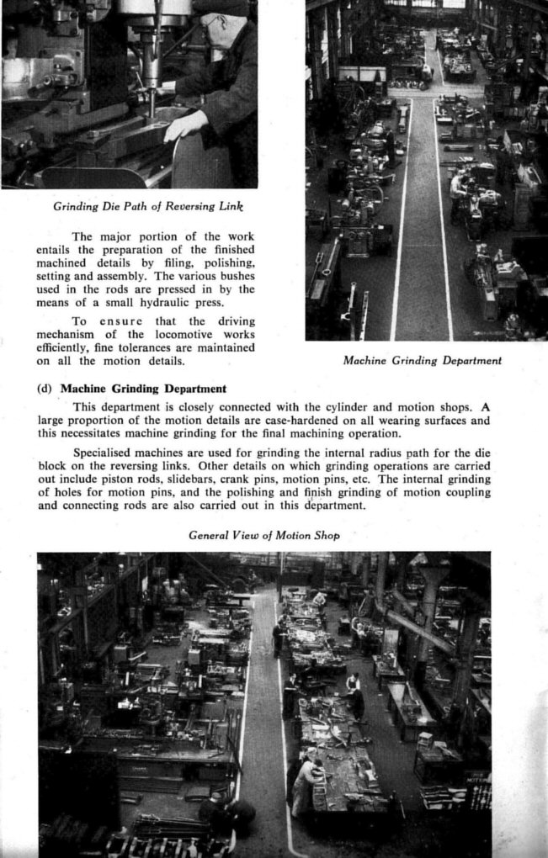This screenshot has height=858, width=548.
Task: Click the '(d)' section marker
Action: tap(45, 389)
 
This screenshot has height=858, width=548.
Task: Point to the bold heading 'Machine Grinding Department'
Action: tap(143, 389)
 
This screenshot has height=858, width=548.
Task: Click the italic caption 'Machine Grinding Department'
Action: tap(423, 361)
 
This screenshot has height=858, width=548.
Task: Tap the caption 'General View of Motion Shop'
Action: tap(263, 535)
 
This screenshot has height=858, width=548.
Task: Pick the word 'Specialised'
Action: tap(105, 453)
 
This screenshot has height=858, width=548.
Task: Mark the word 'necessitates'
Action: tap(95, 433)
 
